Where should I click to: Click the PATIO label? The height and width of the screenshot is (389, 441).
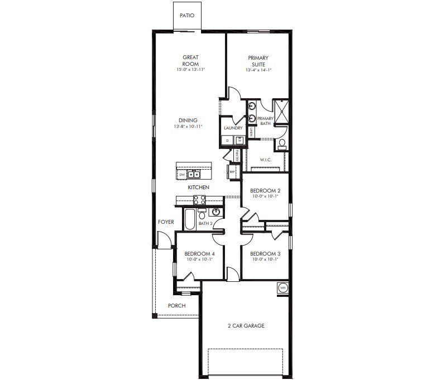[187, 16]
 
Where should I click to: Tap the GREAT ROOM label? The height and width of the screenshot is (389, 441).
[190, 60]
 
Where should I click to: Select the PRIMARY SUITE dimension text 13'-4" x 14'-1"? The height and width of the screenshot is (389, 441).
[258, 71]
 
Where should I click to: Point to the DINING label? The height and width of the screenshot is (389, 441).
[188, 120]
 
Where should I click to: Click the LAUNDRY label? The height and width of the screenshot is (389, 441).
[233, 128]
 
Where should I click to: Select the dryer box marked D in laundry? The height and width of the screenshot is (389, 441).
[227, 141]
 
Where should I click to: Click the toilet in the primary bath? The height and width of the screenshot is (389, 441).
[281, 144]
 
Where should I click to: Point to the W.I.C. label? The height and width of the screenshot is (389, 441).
[266, 160]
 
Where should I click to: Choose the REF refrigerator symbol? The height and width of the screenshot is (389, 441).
[232, 172]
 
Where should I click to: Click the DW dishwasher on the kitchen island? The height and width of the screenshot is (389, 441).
[182, 175]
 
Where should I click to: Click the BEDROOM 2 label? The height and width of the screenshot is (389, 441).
[265, 191]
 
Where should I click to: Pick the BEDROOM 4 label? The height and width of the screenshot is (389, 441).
[199, 253]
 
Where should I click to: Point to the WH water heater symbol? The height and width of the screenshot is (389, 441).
[282, 288]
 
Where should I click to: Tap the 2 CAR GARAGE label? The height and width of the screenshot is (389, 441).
[246, 326]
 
